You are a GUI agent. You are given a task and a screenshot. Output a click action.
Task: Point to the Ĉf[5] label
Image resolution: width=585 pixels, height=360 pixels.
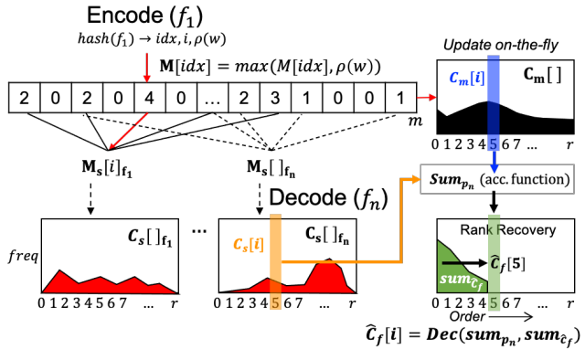pyautogui.click(x=527, y=266)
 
